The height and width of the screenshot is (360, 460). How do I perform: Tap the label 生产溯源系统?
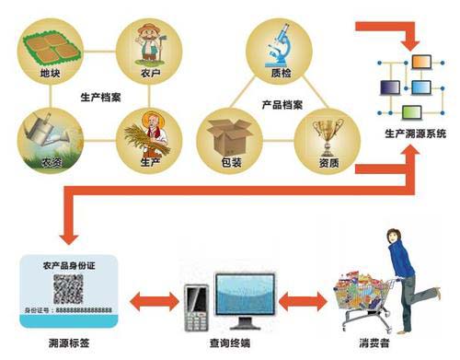pos(415,134)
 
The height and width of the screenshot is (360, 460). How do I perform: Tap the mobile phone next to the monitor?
pos(195,306)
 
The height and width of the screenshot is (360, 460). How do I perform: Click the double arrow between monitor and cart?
pos(302,299)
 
